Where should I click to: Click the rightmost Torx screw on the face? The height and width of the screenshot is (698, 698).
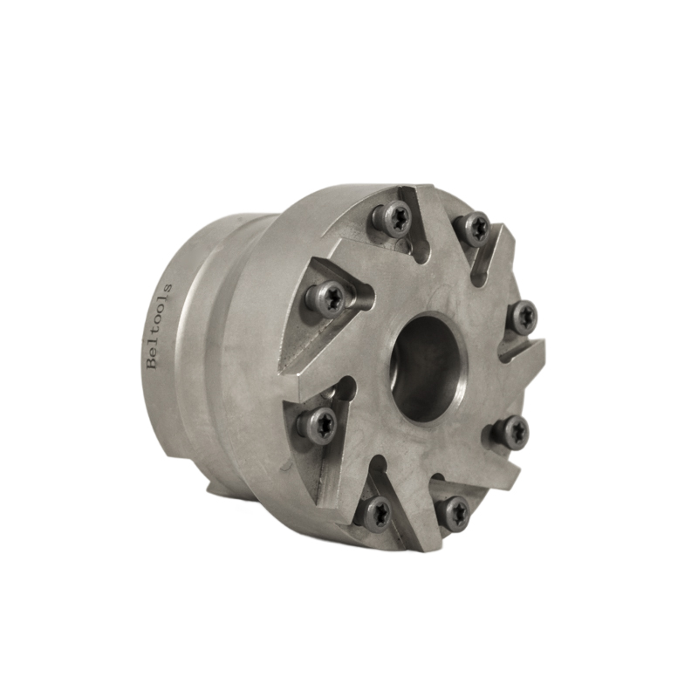522,316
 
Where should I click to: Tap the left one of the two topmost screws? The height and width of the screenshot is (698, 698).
391,218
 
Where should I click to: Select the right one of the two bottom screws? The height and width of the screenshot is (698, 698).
453,513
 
